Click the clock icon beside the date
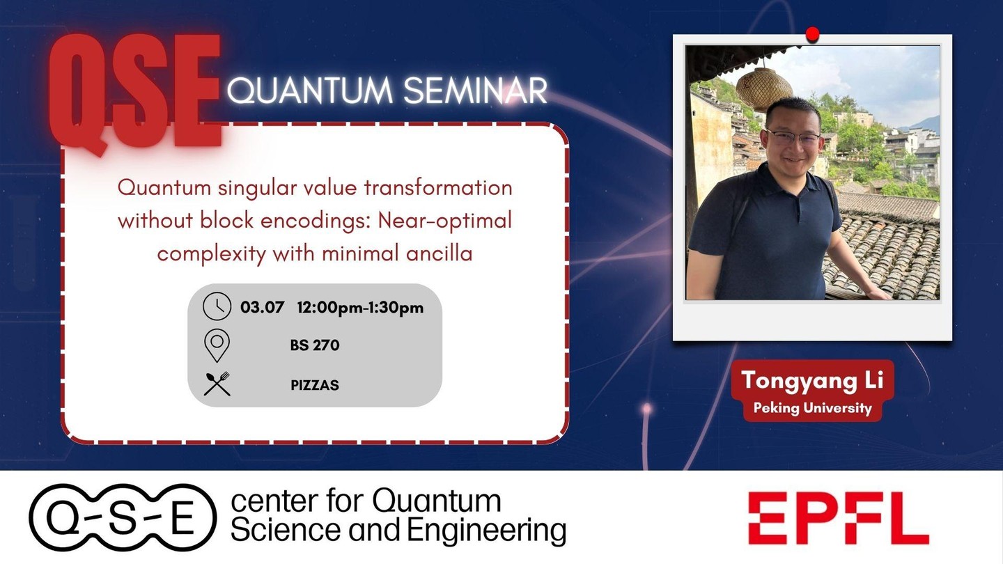click(x=217, y=306)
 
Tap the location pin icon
click(x=217, y=345)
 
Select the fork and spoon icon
click(x=217, y=384)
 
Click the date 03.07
click(x=262, y=308)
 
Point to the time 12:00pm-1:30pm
click(x=360, y=308)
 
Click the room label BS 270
click(x=315, y=345)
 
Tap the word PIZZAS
click(x=315, y=385)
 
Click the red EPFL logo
click(x=838, y=518)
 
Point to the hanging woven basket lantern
click(x=763, y=88)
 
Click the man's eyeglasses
click(x=793, y=137)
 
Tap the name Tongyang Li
click(x=812, y=380)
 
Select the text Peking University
click(x=812, y=408)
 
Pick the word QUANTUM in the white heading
click(x=310, y=91)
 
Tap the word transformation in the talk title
click(x=438, y=187)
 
